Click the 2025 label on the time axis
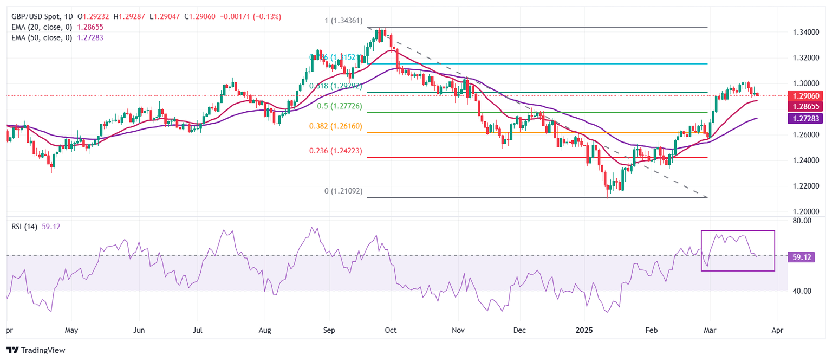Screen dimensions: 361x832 pyautogui.click(x=585, y=330)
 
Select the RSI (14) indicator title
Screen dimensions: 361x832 pyautogui.click(x=24, y=227)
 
